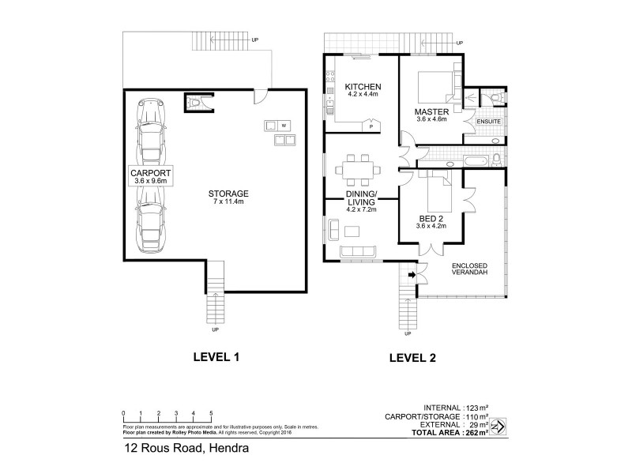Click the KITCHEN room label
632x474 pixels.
363,86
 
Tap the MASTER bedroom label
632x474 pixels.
431,112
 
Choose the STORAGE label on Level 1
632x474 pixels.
228,194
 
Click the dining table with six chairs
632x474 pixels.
358,168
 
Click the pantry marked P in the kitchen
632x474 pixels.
371,126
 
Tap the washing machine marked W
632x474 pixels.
283,126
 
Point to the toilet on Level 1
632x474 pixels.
194,101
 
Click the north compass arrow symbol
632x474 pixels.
498,427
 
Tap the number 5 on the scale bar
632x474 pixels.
211,414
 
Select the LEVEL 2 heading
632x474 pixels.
412,358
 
